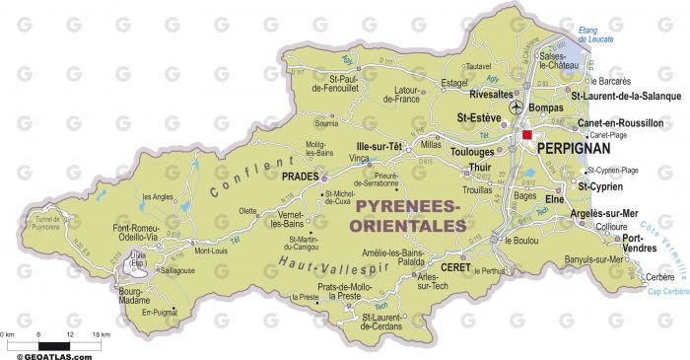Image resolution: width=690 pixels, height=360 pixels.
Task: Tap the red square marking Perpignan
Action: click(527, 135)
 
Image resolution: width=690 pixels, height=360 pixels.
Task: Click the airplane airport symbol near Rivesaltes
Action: click(515, 107)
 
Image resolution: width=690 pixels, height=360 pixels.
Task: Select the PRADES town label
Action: click(302, 178)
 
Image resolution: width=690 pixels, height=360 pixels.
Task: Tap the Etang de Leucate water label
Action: click(595, 35)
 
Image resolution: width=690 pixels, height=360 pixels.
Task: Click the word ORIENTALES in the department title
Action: click(408, 226)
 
